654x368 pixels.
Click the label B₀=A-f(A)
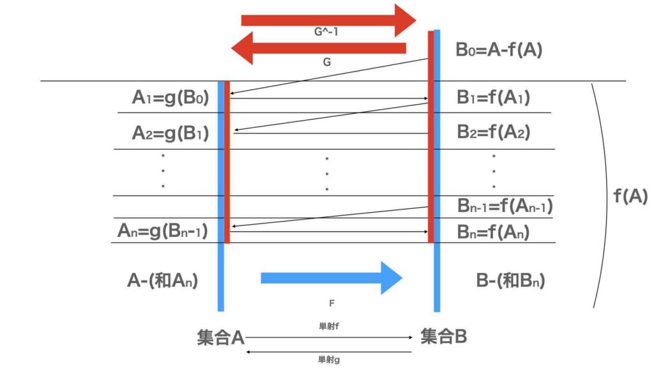[x=499, y=50]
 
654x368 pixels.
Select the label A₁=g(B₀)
[x=171, y=98]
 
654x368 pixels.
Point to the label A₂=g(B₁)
[x=171, y=132]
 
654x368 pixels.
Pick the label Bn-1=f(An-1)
[x=505, y=206]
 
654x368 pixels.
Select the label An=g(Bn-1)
[x=163, y=230]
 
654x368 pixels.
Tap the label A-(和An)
[x=163, y=279]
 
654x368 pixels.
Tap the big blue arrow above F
[x=331, y=277]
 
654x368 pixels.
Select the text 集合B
[x=443, y=336]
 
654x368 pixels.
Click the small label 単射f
[x=328, y=326]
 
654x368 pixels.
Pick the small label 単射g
[x=328, y=359]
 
